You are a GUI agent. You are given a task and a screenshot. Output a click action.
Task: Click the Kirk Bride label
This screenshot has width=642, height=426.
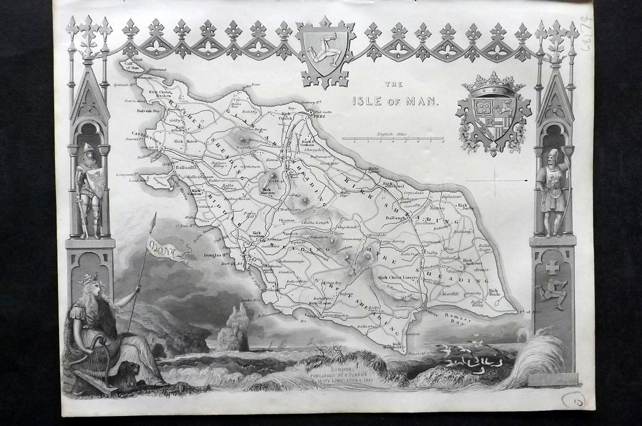(x=494, y=293)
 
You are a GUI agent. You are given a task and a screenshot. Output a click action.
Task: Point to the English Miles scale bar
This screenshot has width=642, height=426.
(x=393, y=138)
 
